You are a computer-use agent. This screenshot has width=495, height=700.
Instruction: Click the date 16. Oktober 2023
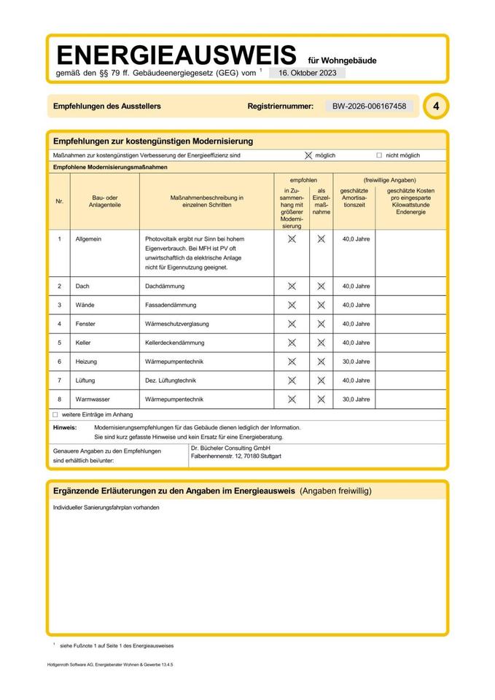point(307,73)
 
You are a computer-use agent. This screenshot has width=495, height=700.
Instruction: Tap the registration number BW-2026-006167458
point(369,106)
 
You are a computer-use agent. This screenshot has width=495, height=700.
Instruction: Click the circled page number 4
point(435,106)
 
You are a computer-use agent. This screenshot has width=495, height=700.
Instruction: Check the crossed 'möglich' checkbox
point(308,155)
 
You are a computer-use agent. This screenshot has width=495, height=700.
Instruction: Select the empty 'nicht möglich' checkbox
point(379,155)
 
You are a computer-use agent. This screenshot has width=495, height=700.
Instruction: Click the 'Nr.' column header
point(60,201)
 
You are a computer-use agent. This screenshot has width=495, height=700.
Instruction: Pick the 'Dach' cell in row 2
point(82,287)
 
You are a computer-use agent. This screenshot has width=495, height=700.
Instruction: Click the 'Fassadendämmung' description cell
point(171,305)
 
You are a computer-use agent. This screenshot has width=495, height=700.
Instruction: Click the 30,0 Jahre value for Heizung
point(356,362)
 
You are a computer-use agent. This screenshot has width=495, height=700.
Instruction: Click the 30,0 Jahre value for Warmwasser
point(356,400)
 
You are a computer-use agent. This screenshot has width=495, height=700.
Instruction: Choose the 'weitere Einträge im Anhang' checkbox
point(55,414)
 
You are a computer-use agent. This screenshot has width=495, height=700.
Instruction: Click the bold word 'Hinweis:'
point(65,427)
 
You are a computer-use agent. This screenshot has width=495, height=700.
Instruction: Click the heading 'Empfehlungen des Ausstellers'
point(107,106)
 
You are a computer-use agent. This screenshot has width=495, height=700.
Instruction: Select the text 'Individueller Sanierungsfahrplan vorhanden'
point(106,507)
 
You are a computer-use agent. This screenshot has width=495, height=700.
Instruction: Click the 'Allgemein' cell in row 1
point(90,239)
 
